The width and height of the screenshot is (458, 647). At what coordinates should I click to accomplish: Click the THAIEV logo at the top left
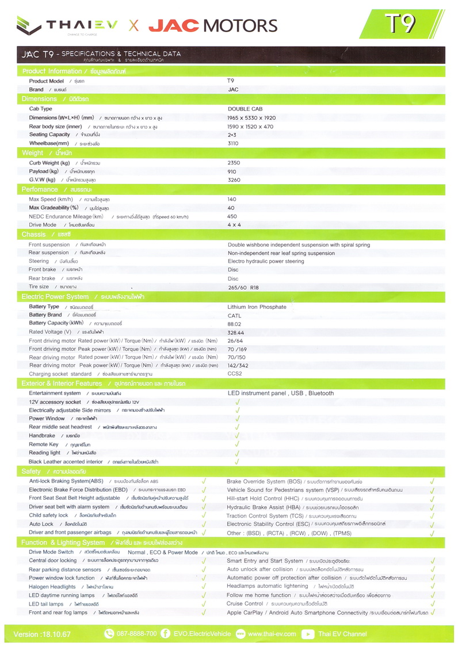tap(66, 25)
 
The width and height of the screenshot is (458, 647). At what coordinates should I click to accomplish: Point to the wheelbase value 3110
tap(233, 143)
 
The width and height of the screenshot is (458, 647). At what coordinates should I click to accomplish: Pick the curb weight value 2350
tap(234, 163)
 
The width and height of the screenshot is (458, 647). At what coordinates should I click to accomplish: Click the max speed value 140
tap(232, 199)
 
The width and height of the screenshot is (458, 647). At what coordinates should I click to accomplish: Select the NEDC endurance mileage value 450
tap(232, 216)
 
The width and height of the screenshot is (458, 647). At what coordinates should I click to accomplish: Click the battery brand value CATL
tap(235, 315)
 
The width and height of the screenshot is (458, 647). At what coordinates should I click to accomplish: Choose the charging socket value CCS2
tap(235, 373)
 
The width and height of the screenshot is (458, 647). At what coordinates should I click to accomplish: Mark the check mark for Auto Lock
tap(204, 525)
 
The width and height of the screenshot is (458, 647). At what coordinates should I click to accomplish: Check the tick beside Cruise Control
tap(432, 604)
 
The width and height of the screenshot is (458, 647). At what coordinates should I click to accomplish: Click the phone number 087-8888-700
tap(137, 634)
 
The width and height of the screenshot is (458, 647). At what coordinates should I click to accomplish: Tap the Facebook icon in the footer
tap(166, 634)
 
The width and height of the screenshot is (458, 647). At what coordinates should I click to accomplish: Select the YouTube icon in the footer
tap(308, 634)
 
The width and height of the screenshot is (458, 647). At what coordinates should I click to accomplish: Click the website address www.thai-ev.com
tap(272, 634)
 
